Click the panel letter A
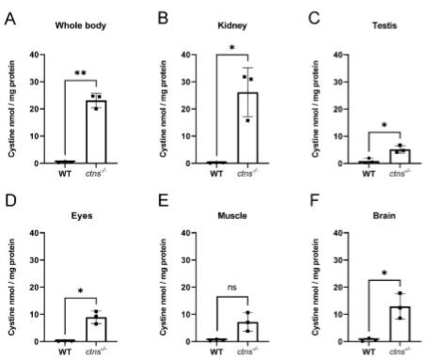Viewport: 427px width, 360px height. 8,18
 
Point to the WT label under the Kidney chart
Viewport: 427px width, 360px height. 212,174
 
